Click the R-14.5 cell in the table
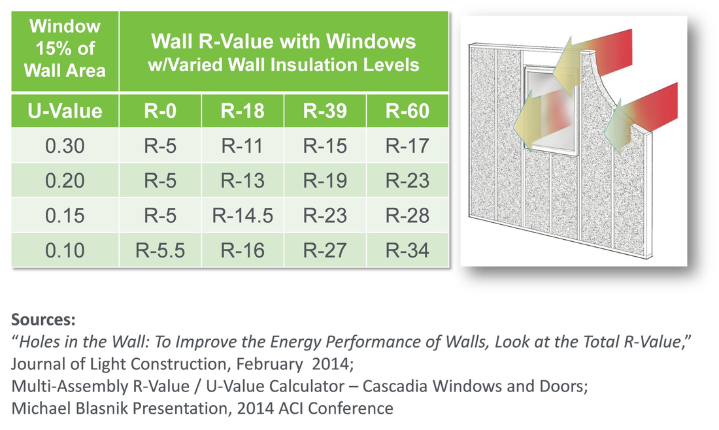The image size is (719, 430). [x=242, y=216]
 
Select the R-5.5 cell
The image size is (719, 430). [x=160, y=250]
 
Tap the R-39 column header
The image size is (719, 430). [x=325, y=111]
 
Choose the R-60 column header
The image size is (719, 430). [x=408, y=111]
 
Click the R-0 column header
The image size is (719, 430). [x=160, y=111]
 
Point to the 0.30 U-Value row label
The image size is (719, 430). [x=65, y=146]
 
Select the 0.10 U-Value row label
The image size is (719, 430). [x=65, y=250]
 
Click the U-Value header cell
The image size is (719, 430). [x=65, y=111]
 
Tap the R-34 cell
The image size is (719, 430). [x=408, y=250]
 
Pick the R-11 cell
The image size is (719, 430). [x=242, y=146]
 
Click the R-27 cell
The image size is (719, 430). [x=325, y=250]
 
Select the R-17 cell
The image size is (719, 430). [x=408, y=146]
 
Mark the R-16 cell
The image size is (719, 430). [x=242, y=250]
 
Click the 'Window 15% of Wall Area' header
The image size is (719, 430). [x=65, y=48]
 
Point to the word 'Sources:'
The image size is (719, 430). [x=43, y=320]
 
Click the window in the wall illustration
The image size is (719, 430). [x=551, y=110]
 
